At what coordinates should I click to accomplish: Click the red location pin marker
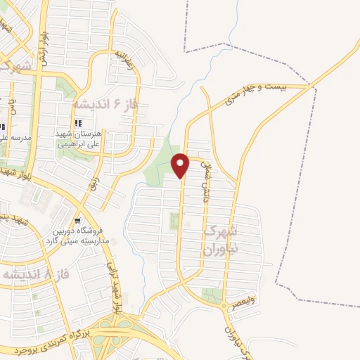[x=181, y=165]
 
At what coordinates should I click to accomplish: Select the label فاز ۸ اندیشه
[x=29, y=273]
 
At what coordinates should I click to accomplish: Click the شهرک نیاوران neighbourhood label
[x=220, y=240]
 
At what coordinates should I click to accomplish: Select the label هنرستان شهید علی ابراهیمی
[x=79, y=139]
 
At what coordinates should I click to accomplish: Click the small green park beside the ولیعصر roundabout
[x=210, y=295]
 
